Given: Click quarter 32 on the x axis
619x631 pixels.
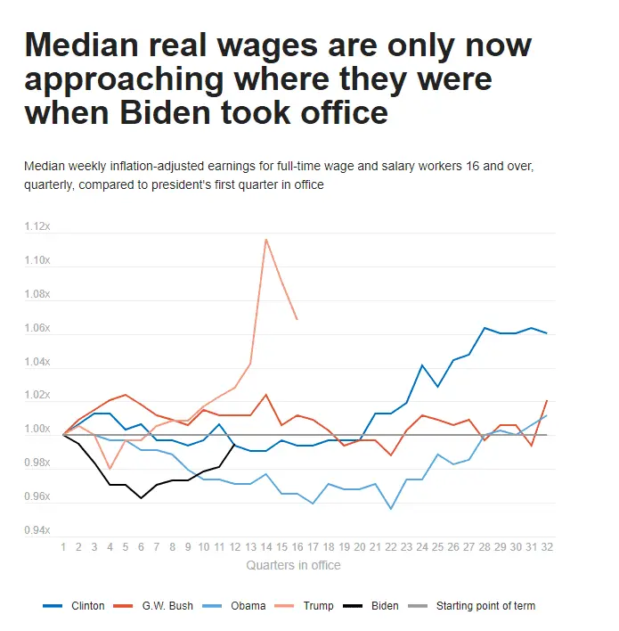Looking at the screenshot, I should point(546,545).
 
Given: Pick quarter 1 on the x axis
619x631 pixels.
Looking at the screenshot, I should point(63,545).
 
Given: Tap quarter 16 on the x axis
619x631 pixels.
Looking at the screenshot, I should point(297,545).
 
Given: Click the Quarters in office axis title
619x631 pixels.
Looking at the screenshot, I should point(292,565).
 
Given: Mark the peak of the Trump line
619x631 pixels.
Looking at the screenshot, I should point(265,239).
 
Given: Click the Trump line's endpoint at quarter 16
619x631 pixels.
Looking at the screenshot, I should point(297,319).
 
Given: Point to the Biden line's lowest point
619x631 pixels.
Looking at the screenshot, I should point(141,498).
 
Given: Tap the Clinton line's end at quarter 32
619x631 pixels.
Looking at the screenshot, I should point(546,333).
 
